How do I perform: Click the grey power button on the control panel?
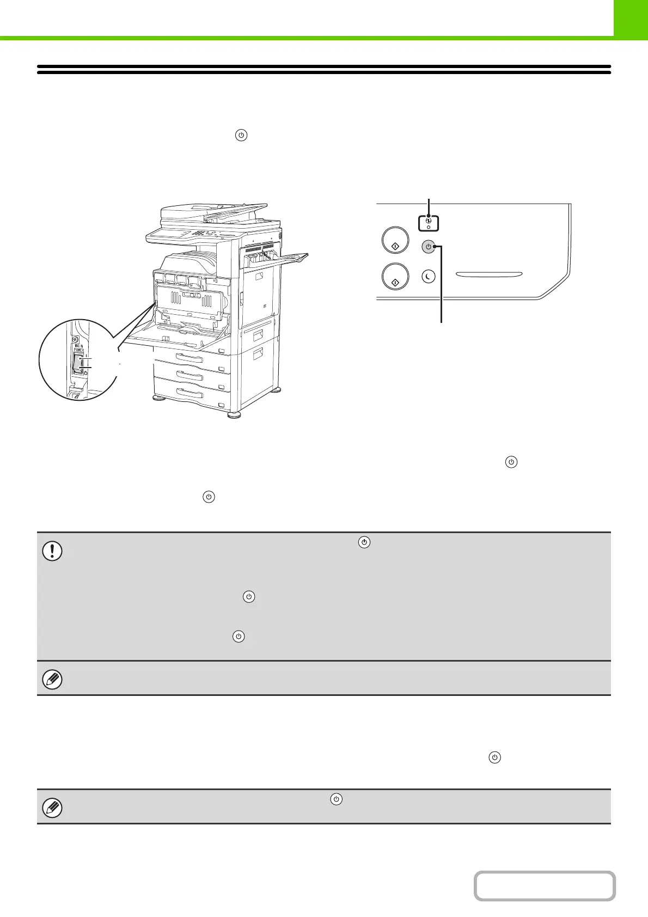tap(429, 247)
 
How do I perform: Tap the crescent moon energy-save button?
tap(429, 277)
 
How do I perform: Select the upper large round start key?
tap(395, 241)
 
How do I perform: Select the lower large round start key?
tap(395, 277)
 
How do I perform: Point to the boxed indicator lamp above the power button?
tap(429, 223)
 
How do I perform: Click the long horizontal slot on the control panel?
tap(489, 274)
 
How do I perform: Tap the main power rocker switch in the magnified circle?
tap(78, 363)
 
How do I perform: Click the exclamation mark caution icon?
tap(52, 551)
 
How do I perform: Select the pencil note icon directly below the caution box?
tap(52, 679)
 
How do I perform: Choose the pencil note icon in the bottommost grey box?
tap(52, 808)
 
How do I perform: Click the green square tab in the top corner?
tap(630, 18)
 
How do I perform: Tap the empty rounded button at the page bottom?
tap(545, 886)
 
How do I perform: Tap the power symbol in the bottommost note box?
tap(337, 799)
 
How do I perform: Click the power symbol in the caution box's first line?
tap(364, 542)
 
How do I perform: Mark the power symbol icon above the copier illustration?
tap(241, 135)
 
